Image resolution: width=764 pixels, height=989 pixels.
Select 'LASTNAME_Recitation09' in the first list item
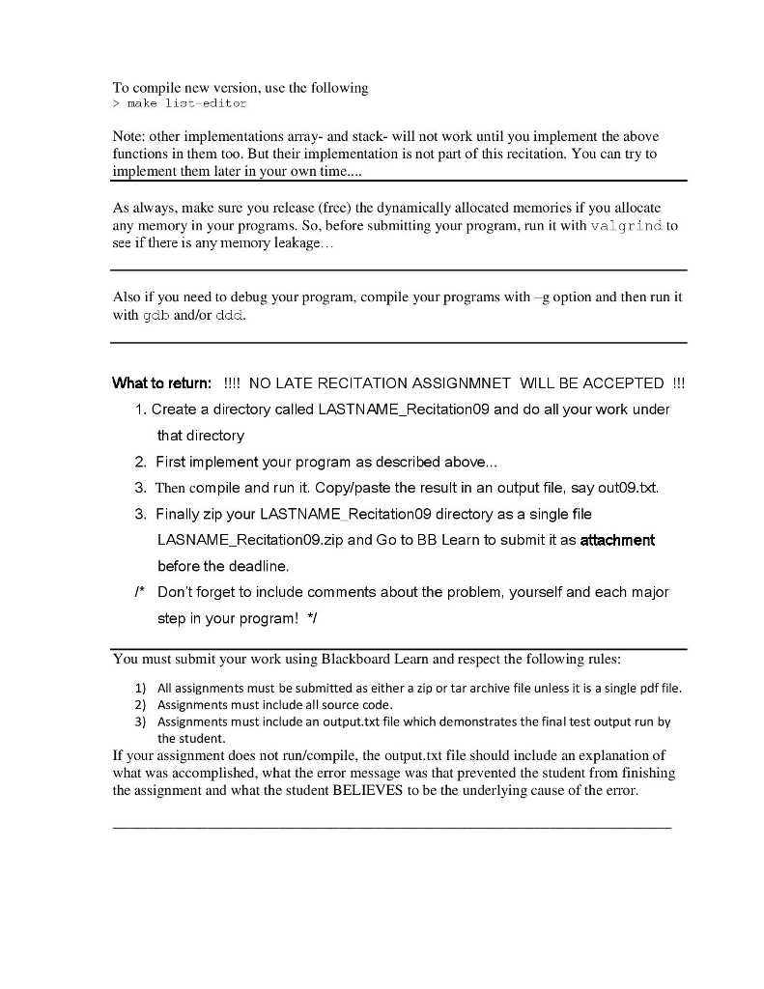403,410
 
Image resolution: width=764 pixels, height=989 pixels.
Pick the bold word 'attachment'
617,540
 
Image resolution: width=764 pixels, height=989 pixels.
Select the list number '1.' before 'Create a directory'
143,410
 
